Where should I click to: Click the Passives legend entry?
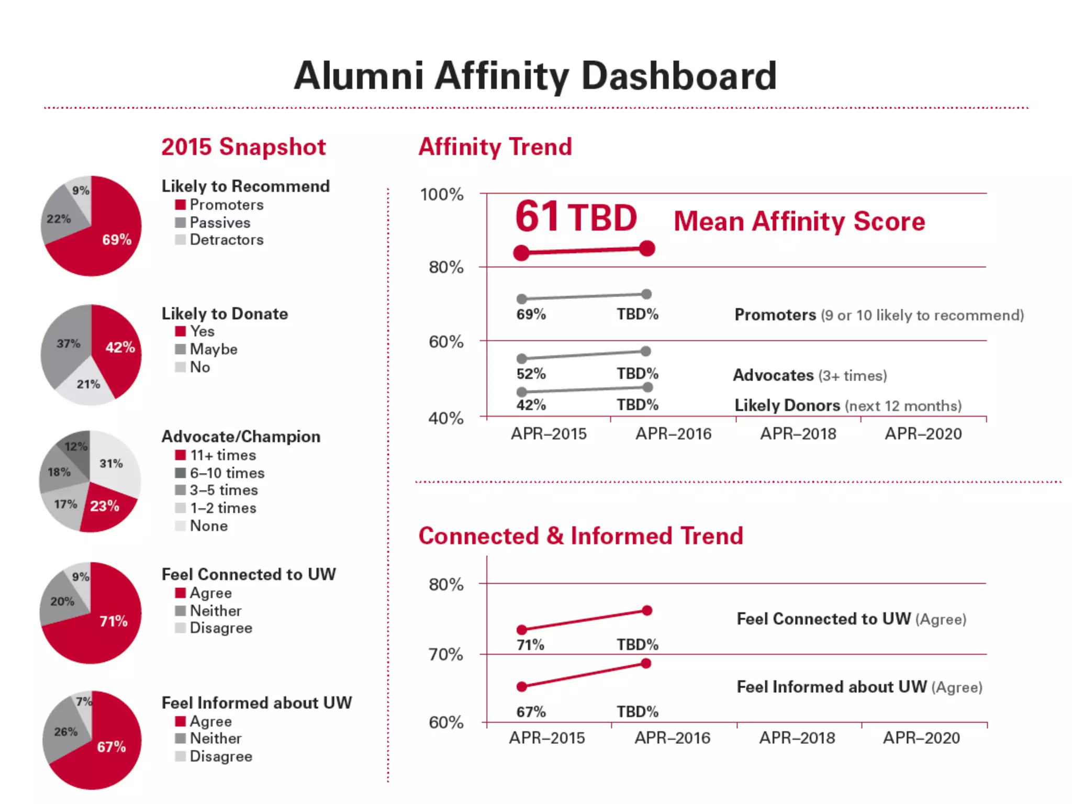tap(219, 223)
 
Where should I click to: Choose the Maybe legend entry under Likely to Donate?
tap(213, 349)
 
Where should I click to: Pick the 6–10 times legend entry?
tap(227, 473)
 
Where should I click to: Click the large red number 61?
tap(537, 217)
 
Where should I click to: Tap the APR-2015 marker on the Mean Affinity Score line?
tap(521, 253)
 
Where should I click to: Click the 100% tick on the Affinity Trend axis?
tap(442, 195)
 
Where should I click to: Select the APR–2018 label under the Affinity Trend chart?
tap(798, 434)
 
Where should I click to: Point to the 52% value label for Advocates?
tap(531, 374)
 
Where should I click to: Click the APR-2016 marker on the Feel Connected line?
tap(647, 610)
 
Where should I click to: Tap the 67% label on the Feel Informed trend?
tap(531, 712)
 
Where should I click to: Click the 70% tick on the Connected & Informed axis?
tap(445, 654)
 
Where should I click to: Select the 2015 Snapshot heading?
tap(243, 147)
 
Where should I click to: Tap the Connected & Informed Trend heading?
tap(580, 536)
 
